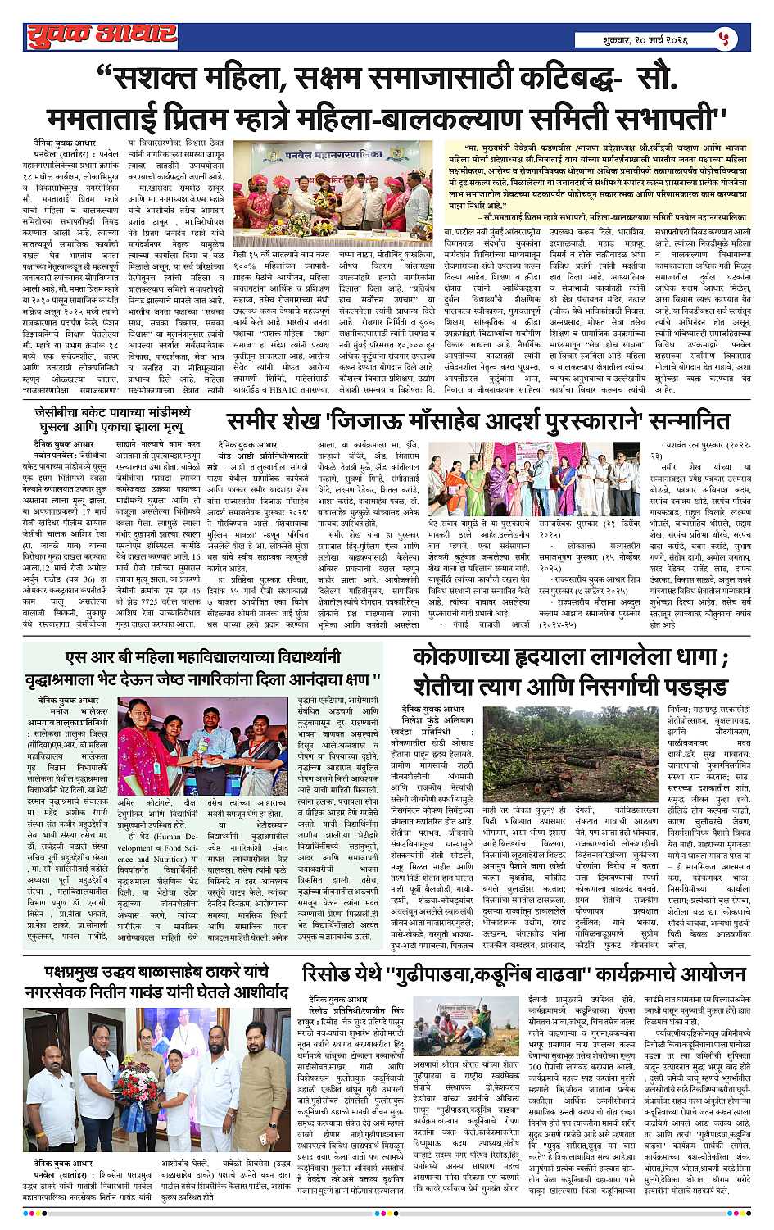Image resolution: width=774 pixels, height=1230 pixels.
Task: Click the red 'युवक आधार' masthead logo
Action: coord(101,35)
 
